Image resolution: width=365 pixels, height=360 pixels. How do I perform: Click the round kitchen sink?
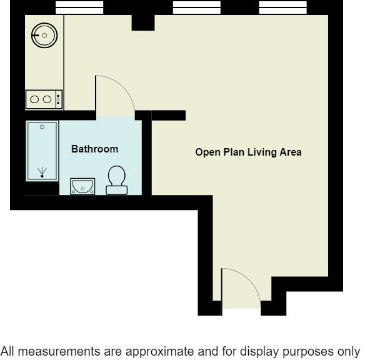(x=44, y=36)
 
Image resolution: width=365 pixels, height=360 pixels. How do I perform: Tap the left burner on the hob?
(x=35, y=99)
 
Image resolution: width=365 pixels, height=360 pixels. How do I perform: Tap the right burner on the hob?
(x=47, y=99)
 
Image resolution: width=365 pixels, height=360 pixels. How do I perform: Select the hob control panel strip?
(x=59, y=99)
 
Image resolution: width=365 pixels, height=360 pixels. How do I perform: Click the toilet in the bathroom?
(x=116, y=180)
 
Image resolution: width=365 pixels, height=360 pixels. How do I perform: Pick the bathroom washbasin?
(x=82, y=186)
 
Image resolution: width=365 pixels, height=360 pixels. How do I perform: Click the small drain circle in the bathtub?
(x=42, y=127)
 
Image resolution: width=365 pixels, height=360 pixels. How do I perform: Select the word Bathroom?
(x=94, y=149)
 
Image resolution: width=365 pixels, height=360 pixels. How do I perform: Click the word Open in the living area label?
(x=207, y=152)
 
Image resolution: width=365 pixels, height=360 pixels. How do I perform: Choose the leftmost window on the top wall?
(x=79, y=7)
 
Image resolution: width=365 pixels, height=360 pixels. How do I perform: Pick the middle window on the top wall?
(x=196, y=7)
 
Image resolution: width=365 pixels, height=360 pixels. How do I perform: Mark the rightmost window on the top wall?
(x=282, y=7)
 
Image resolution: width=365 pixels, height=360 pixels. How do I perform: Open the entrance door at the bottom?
(x=241, y=289)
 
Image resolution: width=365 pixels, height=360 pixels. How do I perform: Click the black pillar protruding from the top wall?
(x=143, y=22)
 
